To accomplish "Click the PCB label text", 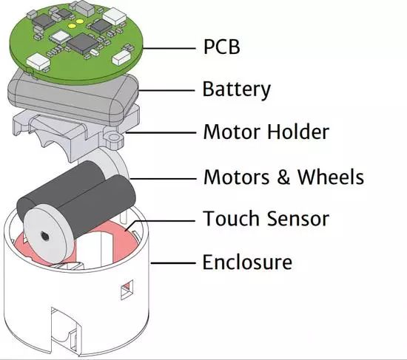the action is (x=222, y=47).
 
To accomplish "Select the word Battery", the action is (x=237, y=89).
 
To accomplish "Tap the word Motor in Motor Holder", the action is (x=232, y=132).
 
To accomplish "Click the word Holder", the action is (x=298, y=132).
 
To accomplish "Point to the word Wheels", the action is (x=331, y=177).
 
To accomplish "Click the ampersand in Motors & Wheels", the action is (x=283, y=177).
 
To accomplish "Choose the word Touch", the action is (x=232, y=218).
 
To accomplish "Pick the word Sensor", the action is (x=298, y=219).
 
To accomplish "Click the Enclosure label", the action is (x=247, y=262).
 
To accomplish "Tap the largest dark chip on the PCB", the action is (x=82, y=44).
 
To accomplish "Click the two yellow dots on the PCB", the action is (x=75, y=24).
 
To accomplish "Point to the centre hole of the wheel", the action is (x=44, y=236).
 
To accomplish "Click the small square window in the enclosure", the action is (x=127, y=290).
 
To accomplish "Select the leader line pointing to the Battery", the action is (x=166, y=90).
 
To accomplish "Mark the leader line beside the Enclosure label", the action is (x=173, y=263).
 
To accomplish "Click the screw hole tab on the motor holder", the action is (x=113, y=137).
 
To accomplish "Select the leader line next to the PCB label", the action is (x=169, y=48).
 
